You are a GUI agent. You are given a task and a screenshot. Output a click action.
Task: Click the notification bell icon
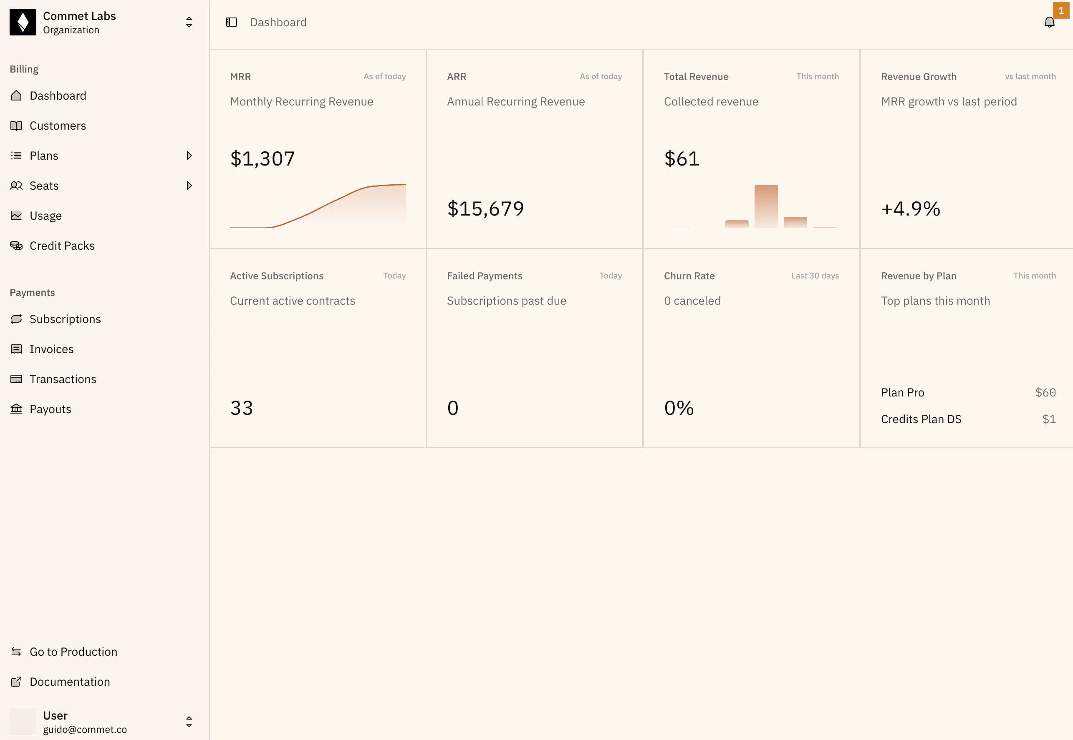[x=1049, y=22]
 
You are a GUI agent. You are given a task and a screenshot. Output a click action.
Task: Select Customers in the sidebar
[x=58, y=125]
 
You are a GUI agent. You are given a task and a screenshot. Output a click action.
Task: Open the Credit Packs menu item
[x=62, y=246]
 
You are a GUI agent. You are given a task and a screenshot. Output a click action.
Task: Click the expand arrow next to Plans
[x=189, y=156]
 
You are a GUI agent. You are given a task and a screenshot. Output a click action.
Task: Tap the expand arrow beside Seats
[x=189, y=186]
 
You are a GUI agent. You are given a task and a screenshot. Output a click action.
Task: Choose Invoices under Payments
[x=51, y=349]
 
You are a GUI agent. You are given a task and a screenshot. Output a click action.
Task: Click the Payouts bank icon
[x=16, y=409]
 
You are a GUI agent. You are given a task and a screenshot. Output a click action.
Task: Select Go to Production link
[x=73, y=652]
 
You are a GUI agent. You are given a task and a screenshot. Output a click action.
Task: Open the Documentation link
[x=70, y=682]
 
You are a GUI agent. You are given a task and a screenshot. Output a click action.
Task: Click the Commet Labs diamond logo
[x=23, y=22]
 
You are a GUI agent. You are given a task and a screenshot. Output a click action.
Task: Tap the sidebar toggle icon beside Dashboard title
[x=232, y=22]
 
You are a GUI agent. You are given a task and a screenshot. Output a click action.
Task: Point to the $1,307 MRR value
[x=262, y=158]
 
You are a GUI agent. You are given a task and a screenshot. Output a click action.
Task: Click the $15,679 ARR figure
[x=485, y=208]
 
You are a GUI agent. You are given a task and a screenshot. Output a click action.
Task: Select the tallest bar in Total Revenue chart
[x=766, y=206]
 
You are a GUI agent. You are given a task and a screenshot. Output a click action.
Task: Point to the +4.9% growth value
[x=911, y=208]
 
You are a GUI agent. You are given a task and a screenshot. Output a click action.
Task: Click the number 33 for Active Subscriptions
[x=241, y=408]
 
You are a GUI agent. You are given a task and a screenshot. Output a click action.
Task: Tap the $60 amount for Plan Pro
[x=1045, y=393]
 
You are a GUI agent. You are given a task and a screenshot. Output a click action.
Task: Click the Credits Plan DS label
[x=921, y=419]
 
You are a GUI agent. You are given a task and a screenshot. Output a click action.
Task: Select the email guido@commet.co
[x=85, y=729]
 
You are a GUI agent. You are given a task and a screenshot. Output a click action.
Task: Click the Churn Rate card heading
[x=689, y=276]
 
